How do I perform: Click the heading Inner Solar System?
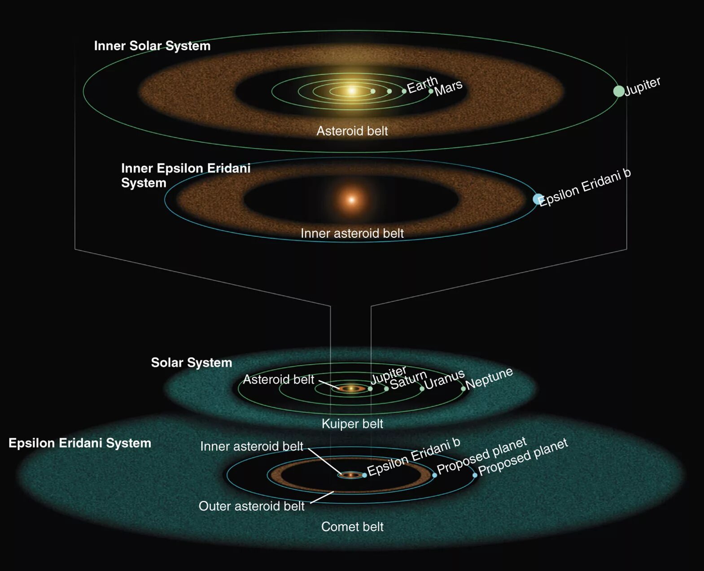pos(152,46)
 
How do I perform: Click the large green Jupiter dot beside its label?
pos(619,91)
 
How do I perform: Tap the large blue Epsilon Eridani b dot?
pos(538,199)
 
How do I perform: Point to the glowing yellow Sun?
pos(352,91)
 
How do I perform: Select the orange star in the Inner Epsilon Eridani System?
pos(352,200)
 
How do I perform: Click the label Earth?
pos(422,84)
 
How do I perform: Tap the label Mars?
pos(448,88)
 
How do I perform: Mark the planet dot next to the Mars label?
pos(431,92)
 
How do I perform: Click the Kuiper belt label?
pos(352,424)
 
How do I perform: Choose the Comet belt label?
pos(352,527)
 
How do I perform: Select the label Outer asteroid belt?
pos(251,506)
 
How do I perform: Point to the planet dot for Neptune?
pos(463,389)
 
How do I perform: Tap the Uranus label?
pos(444,380)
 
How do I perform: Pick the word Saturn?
pos(408,380)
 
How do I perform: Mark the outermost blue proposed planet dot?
pos(475,475)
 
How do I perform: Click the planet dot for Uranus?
pos(422,389)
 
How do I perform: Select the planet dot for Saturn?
pos(386,389)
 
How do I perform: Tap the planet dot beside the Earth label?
pos(404,92)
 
